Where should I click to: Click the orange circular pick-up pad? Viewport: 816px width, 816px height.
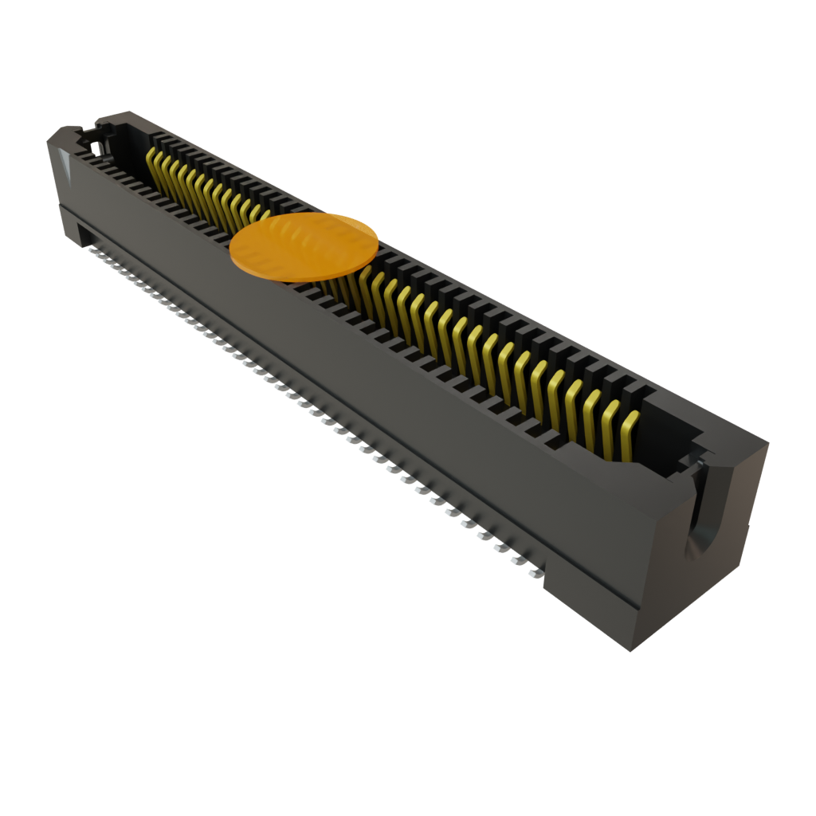point(304,247)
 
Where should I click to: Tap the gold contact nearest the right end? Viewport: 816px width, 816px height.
point(630,433)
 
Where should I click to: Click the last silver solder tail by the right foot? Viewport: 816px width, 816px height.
point(534,571)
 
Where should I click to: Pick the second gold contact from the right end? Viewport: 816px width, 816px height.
point(610,422)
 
